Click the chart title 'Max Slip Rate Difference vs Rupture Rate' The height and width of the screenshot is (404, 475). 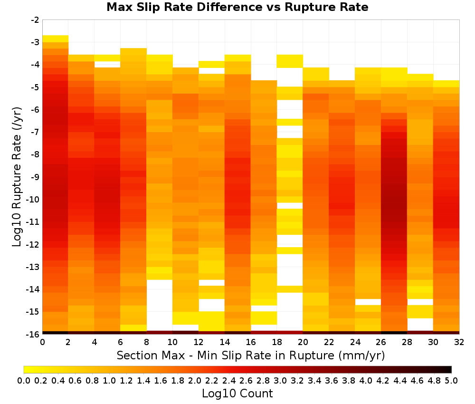coord(237,7)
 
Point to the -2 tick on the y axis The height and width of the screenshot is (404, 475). coord(35,20)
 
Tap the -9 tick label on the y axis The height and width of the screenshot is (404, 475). coord(35,177)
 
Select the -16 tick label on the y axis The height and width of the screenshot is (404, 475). coord(33,334)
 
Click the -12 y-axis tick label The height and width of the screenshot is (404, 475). coord(33,244)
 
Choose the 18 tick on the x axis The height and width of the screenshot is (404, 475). coord(277,342)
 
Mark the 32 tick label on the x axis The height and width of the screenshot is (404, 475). coord(459,342)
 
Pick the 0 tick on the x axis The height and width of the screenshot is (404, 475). coord(42,342)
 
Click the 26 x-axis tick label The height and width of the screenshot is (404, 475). coord(381,342)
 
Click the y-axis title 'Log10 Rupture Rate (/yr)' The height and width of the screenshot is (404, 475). coord(17,177)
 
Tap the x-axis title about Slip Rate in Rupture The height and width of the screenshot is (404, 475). coord(251,355)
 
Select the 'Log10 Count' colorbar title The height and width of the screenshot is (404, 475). coord(237,394)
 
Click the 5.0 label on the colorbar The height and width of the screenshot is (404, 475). coord(451,380)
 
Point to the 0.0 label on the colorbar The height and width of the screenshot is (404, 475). coord(24,380)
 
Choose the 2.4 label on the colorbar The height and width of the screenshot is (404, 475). coord(229,380)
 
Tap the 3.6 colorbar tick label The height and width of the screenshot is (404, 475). coord(332,380)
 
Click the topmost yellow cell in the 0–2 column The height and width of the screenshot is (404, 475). coord(56,39)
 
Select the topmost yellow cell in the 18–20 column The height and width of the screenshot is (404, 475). coord(290,61)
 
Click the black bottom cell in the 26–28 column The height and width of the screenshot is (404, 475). coord(394,333)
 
